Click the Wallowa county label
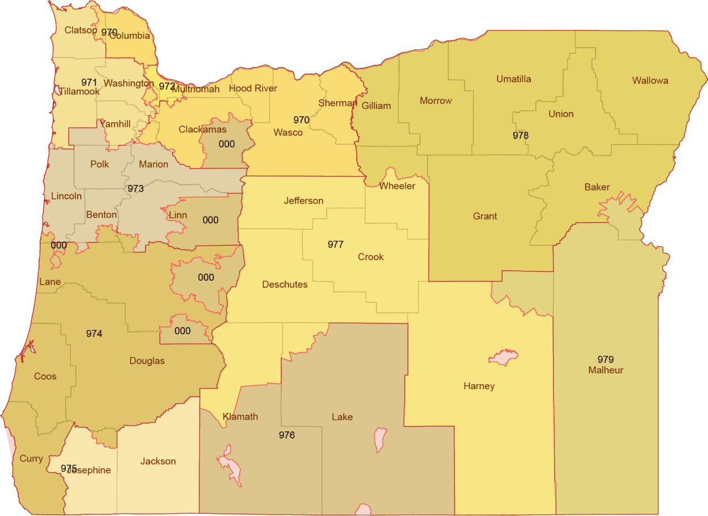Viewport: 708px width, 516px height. (x=650, y=81)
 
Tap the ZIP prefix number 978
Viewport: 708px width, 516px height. (x=520, y=135)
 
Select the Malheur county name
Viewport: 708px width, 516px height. (x=606, y=370)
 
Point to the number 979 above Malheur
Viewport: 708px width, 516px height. (x=606, y=359)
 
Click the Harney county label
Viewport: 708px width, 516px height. (x=479, y=386)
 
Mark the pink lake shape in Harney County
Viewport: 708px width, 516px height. (x=503, y=357)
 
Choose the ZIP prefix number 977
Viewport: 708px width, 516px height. (x=335, y=244)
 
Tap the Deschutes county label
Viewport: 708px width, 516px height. (x=285, y=285)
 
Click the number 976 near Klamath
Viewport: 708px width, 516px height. (x=287, y=435)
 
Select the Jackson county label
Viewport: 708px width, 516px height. (x=158, y=461)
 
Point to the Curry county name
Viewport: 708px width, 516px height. (x=31, y=458)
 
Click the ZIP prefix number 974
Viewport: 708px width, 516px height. (x=94, y=333)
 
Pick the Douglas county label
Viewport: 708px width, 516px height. (x=147, y=361)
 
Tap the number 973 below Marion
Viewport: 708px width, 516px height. (x=136, y=189)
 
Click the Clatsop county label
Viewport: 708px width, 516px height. (x=81, y=30)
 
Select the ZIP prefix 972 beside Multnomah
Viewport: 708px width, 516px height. (x=167, y=86)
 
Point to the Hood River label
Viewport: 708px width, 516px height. (x=253, y=89)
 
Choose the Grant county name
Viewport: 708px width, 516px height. (x=485, y=216)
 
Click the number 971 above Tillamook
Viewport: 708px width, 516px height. (x=89, y=81)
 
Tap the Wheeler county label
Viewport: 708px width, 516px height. (x=397, y=186)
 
